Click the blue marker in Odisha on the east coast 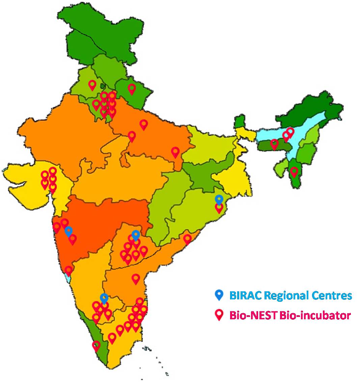pyautogui.click(x=219, y=199)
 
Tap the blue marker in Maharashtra pyautogui.click(x=68, y=231)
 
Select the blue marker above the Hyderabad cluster pyautogui.click(x=136, y=235)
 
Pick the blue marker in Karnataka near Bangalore pyautogui.click(x=104, y=298)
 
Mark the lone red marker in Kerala pyautogui.click(x=96, y=346)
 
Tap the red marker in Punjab pyautogui.click(x=92, y=85)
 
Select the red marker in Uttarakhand pyautogui.click(x=132, y=89)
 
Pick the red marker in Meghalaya pyautogui.click(x=274, y=144)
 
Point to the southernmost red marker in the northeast pyautogui.click(x=294, y=172)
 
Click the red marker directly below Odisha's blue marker pyautogui.click(x=219, y=208)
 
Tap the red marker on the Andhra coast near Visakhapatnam pyautogui.click(x=187, y=239)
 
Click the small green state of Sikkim pyautogui.click(x=240, y=121)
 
